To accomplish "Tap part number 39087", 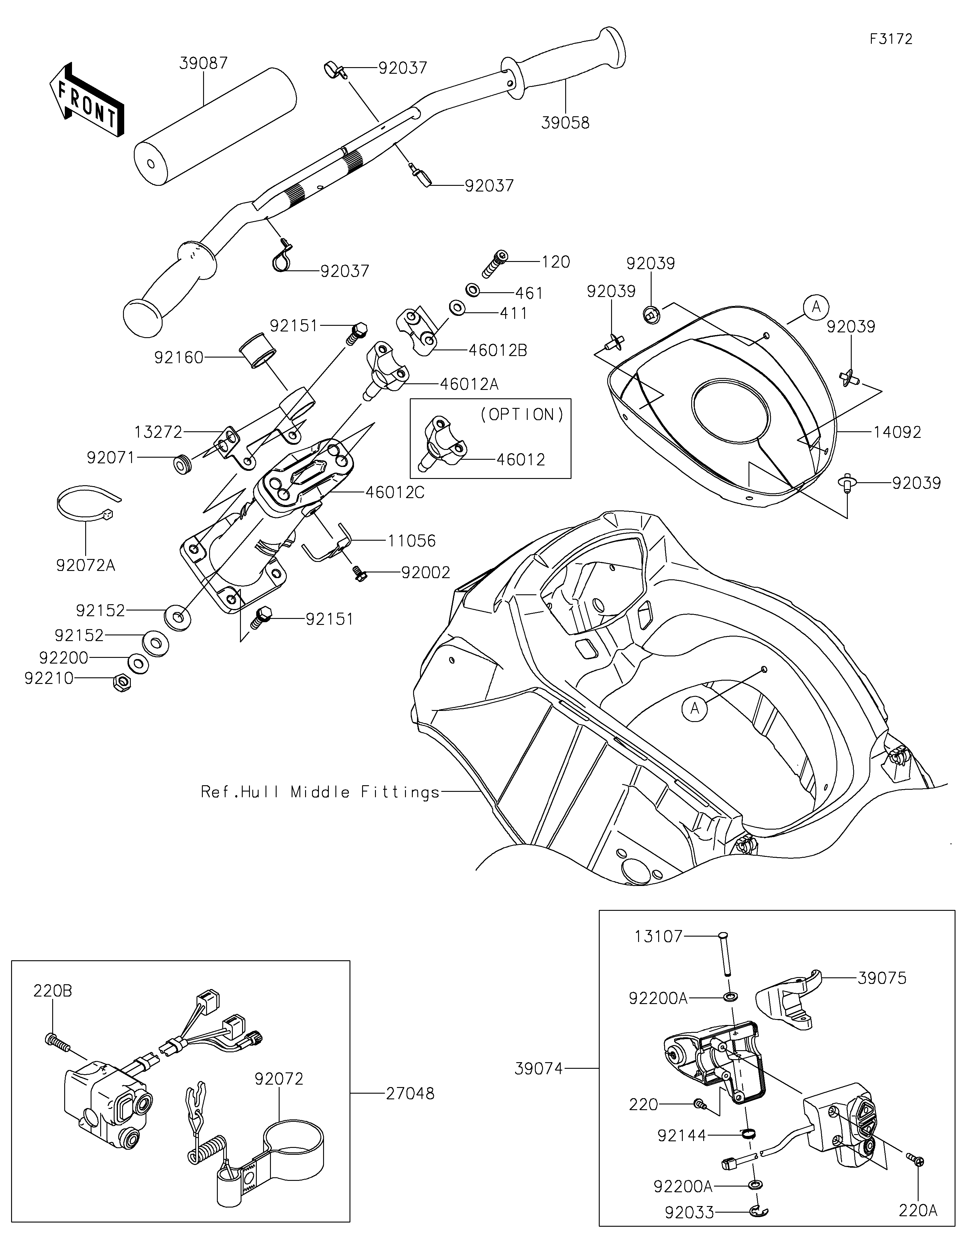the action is click(x=203, y=63).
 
